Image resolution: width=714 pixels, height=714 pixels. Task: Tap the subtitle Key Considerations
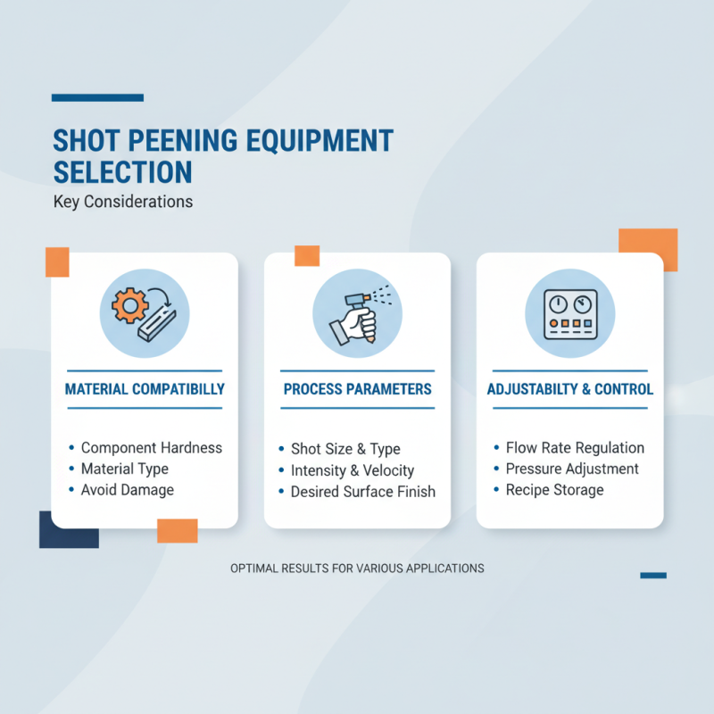click(x=123, y=202)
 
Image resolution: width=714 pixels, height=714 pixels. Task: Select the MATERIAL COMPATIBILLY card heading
click(x=145, y=389)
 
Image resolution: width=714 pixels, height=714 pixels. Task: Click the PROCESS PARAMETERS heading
click(x=357, y=389)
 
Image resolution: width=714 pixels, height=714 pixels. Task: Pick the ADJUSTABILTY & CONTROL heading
click(x=569, y=389)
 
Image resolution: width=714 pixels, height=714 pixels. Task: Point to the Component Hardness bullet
click(x=152, y=448)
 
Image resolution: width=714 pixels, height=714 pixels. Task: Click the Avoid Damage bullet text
click(x=128, y=489)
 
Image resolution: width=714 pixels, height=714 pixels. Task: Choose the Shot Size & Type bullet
click(x=345, y=449)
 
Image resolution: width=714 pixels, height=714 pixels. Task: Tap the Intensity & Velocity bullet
click(x=353, y=470)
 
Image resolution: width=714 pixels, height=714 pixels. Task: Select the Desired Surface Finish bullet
click(x=363, y=492)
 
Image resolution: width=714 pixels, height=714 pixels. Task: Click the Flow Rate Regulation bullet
click(x=575, y=448)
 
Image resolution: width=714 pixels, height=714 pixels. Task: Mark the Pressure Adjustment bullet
click(x=572, y=469)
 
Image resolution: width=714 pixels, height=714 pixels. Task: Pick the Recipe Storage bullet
click(x=554, y=490)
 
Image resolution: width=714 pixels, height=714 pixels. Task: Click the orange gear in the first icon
click(x=129, y=306)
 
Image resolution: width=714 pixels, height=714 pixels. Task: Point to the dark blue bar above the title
click(x=97, y=97)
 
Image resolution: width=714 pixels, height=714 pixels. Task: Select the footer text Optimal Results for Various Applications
click(x=357, y=568)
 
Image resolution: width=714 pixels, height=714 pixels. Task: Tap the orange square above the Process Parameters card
click(x=306, y=255)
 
